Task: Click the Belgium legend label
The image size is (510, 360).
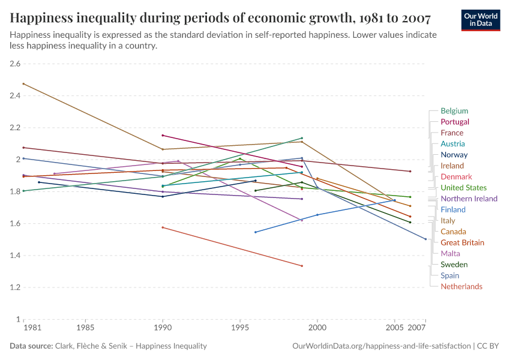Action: point(454,111)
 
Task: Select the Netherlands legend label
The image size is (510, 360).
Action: point(461,286)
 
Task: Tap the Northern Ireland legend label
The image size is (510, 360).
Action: point(469,199)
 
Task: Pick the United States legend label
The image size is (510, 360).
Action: point(464,188)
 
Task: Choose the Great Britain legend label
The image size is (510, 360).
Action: point(462,242)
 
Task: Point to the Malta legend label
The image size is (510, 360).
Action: point(451,254)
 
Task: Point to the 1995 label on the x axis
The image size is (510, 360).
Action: point(240,329)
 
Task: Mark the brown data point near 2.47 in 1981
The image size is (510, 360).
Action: point(23,84)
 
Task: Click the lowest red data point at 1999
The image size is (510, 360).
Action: point(302,266)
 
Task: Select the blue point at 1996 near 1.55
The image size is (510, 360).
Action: point(256,232)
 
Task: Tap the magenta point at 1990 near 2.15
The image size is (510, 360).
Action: point(163,135)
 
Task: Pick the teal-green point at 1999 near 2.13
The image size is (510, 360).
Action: point(302,138)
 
